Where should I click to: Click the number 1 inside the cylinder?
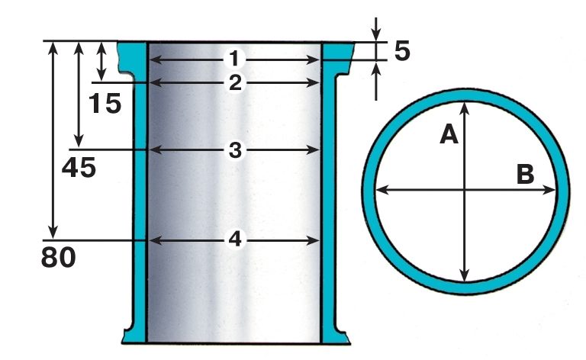pos(234,59)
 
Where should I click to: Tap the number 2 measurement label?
pos(235,83)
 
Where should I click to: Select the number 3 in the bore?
pos(235,150)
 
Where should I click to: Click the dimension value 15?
pos(105,103)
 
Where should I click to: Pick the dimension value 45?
pos(79,167)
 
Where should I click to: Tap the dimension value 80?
pos(58,257)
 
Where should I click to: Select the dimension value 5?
pos(402,51)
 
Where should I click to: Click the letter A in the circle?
pos(449,134)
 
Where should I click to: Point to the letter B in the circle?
pos(525,174)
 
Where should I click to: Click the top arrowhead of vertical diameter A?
pos(464,108)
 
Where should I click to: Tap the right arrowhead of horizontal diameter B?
pos(549,190)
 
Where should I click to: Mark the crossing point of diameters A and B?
pos(464,190)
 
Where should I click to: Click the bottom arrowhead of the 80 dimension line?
pos(53,233)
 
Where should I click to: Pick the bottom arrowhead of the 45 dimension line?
pos(79,141)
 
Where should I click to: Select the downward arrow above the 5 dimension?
pos(376,28)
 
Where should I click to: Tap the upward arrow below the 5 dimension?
pos(376,81)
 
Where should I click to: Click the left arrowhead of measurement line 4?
pos(156,240)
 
